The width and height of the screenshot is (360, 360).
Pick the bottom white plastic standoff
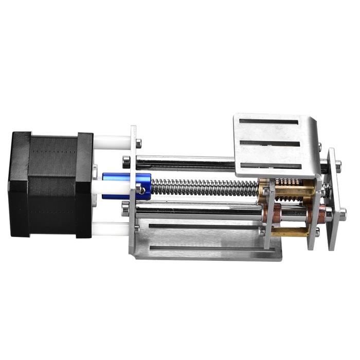[x=111, y=226]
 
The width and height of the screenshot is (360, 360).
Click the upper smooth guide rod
[x=185, y=164]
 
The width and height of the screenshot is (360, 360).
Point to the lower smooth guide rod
[x=195, y=209]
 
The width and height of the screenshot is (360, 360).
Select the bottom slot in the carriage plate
[x=270, y=166]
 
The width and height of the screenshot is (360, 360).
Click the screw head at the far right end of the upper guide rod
[x=338, y=165]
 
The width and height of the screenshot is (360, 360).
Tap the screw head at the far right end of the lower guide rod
[x=342, y=212]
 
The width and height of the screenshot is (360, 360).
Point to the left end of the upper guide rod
[x=127, y=161]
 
